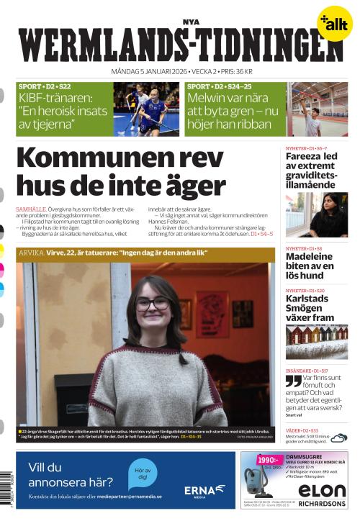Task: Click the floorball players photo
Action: pos(146,109)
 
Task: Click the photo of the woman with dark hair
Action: pos(317,214)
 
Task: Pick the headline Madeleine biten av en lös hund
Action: pos(312,266)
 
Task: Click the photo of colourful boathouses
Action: pos(316,341)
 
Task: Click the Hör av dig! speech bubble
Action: pos(143,474)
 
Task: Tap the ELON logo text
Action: pos(322,491)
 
